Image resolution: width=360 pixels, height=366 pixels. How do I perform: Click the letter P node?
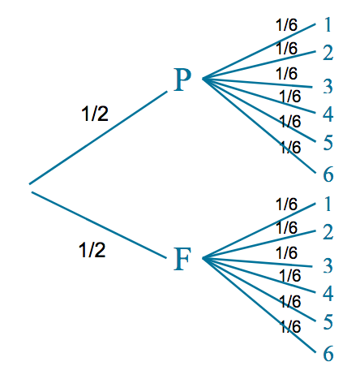[182, 80]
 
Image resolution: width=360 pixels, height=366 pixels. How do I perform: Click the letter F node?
[182, 259]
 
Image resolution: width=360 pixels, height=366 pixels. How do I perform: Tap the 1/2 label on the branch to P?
[95, 114]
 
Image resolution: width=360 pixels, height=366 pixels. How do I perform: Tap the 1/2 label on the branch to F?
[92, 250]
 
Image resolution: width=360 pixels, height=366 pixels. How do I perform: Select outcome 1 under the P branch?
[328, 24]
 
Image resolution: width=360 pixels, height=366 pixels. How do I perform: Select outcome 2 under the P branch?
[328, 53]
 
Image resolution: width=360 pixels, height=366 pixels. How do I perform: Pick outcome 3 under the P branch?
[328, 86]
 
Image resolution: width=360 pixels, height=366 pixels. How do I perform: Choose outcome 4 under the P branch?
[328, 114]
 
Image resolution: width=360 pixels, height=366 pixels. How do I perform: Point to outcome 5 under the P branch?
[328, 143]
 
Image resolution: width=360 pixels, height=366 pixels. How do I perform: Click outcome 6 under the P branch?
[328, 174]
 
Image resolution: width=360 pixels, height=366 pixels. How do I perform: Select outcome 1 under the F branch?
[328, 204]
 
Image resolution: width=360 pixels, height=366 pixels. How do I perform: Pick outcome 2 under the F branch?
[328, 232]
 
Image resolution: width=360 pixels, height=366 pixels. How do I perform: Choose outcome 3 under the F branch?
[328, 265]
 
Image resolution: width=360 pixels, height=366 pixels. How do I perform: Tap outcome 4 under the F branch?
[328, 293]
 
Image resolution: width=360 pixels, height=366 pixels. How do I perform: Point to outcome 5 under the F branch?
[328, 322]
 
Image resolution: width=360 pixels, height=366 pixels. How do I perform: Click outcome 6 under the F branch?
[328, 354]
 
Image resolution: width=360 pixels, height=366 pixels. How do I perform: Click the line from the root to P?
[98, 138]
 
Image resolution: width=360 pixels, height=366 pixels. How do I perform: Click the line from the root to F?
[99, 225]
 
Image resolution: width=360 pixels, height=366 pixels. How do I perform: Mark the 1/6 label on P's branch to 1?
[286, 24]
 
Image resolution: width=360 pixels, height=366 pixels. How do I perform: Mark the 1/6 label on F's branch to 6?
[290, 326]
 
